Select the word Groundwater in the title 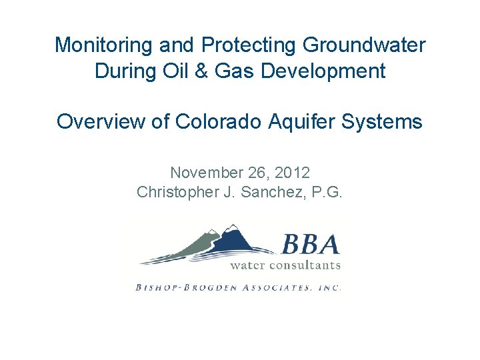click(364, 45)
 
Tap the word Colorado click(210, 122)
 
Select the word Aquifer click(304, 122)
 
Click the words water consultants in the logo click(285, 265)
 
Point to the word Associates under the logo click(280, 287)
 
